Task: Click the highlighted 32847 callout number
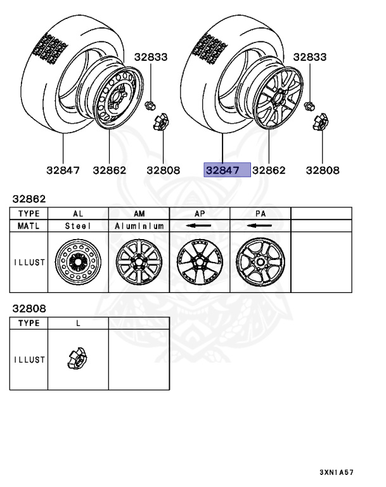point(222,170)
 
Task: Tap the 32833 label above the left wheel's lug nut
point(151,57)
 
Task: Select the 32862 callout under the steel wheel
point(109,170)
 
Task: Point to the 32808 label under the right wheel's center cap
point(323,170)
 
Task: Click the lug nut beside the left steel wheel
point(150,106)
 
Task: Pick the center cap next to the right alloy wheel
point(321,122)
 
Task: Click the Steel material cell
point(78,226)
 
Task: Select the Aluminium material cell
point(139,226)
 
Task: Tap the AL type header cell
point(78,214)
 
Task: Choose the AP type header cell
point(200,214)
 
